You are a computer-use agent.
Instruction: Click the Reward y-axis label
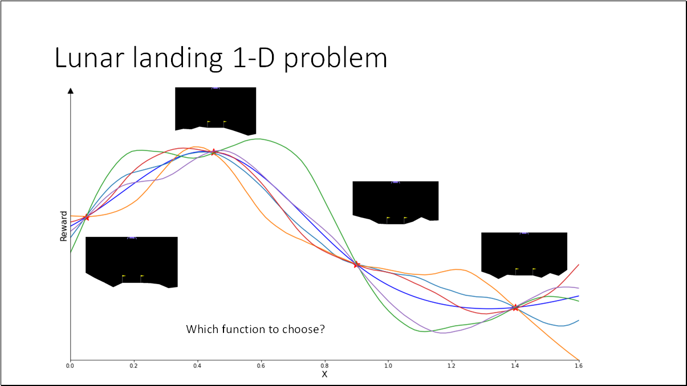(x=64, y=227)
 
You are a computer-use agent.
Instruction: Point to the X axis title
(x=324, y=374)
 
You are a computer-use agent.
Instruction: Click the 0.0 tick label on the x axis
(x=70, y=366)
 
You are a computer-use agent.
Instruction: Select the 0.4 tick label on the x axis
(x=197, y=366)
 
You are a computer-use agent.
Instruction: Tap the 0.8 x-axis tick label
(x=324, y=366)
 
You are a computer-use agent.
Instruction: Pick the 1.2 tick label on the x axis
(x=452, y=366)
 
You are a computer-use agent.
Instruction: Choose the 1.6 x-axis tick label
(x=579, y=366)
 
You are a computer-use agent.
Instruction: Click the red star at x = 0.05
(x=86, y=217)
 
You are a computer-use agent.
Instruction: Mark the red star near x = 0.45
(x=213, y=152)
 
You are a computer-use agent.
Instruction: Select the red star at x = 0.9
(x=356, y=265)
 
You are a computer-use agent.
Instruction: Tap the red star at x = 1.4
(x=515, y=307)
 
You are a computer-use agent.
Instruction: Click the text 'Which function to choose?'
(x=255, y=329)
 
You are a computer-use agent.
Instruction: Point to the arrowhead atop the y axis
(x=70, y=91)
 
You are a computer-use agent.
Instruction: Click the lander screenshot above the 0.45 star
(x=216, y=110)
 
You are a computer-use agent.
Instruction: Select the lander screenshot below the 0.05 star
(x=131, y=261)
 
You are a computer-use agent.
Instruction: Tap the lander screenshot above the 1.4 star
(x=524, y=254)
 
